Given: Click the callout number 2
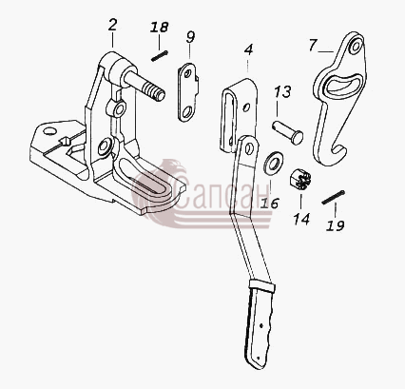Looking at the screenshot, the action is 112,25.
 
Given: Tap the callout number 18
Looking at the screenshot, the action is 159,28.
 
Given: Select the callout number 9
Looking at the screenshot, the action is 190,37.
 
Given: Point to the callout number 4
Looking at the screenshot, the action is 249,49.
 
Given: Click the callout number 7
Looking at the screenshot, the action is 313,45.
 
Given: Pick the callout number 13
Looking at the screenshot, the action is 282,92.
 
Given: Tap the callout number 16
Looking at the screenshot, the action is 270,204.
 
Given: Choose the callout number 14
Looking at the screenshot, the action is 301,219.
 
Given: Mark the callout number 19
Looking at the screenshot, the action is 336,225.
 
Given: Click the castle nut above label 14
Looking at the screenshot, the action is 300,179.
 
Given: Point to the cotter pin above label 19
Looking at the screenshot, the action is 333,197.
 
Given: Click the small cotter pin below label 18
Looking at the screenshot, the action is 159,56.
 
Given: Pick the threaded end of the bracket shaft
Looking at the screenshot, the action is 153,91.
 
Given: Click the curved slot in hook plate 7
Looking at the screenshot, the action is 344,84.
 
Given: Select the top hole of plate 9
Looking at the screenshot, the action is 187,74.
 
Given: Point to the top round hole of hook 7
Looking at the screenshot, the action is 356,47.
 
